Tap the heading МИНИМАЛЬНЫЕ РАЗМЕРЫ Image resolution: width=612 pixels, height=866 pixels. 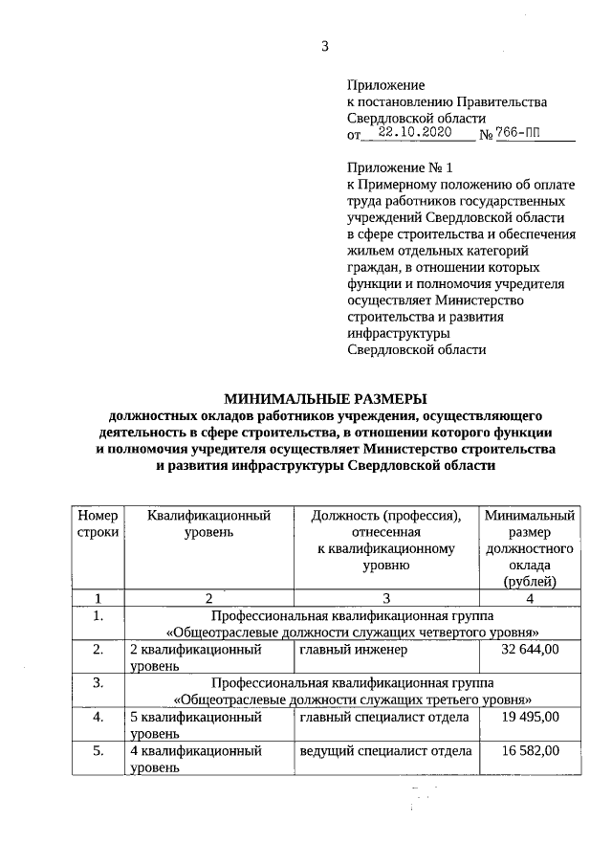[326, 399]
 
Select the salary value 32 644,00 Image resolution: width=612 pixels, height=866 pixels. [530, 651]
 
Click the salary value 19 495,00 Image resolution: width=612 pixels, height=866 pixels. [530, 716]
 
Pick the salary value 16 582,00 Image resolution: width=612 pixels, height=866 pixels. [530, 752]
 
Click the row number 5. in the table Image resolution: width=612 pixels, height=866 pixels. [98, 752]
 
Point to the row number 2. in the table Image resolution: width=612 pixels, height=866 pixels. [98, 651]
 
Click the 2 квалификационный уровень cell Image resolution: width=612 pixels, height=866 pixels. [196, 657]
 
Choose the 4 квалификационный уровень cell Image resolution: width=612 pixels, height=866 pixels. [196, 760]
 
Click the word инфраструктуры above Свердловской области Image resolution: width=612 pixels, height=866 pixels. [398, 332]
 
